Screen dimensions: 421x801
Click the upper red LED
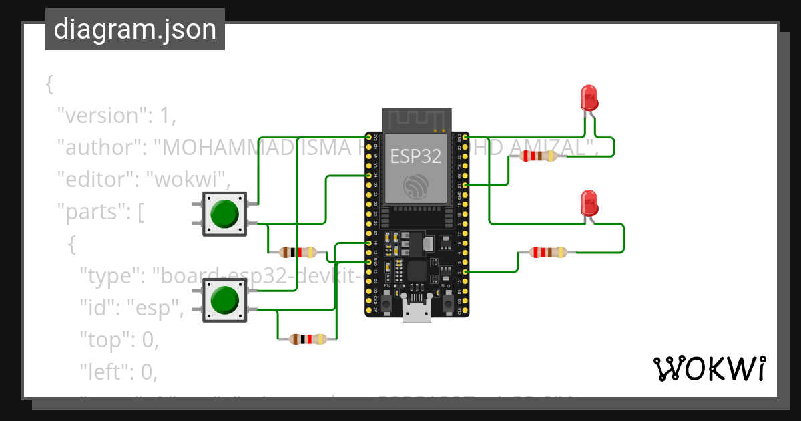(589, 98)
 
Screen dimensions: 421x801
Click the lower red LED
(589, 202)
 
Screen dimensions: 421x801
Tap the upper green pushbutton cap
(224, 214)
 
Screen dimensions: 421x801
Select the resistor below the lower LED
(548, 252)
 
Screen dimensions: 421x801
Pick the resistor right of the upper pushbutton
(298, 252)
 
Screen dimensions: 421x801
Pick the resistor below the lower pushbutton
(308, 339)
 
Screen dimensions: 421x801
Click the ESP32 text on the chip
(415, 156)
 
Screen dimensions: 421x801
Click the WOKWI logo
(708, 368)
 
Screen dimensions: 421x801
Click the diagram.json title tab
(135, 29)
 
